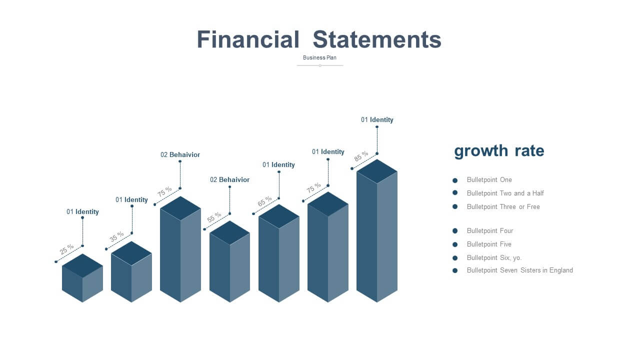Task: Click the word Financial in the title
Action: (248, 39)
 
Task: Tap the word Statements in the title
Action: (377, 39)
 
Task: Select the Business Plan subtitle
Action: (319, 57)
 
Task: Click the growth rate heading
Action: (499, 150)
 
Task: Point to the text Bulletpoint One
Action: (489, 179)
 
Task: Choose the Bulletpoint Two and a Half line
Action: (505, 193)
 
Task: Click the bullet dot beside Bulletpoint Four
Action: (455, 231)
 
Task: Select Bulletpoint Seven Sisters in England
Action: (519, 270)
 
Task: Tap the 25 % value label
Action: (66, 249)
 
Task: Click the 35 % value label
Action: (116, 236)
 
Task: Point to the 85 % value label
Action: (361, 156)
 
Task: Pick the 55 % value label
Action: (214, 217)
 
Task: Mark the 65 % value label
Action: (264, 201)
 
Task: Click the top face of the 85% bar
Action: (377, 171)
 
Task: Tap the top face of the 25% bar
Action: (82, 265)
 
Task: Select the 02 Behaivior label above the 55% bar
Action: (229, 179)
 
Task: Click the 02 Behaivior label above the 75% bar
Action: (180, 154)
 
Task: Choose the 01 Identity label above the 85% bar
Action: (377, 119)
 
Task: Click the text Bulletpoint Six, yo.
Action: (494, 257)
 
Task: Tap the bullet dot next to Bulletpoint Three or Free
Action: (455, 206)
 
